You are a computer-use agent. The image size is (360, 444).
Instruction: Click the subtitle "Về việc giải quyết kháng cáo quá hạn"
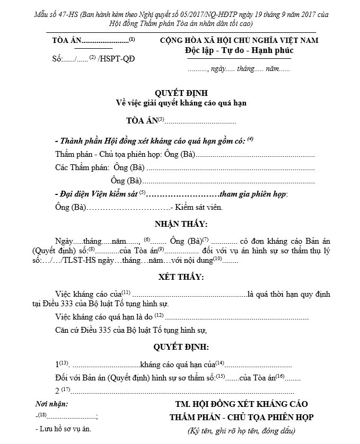[180, 103]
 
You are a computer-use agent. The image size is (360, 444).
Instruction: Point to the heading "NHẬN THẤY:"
[181, 224]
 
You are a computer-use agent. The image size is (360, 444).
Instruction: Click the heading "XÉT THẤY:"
[181, 277]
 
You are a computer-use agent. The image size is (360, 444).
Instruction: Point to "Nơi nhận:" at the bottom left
[51, 404]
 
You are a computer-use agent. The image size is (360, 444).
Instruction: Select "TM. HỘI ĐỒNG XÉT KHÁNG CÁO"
[241, 405]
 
